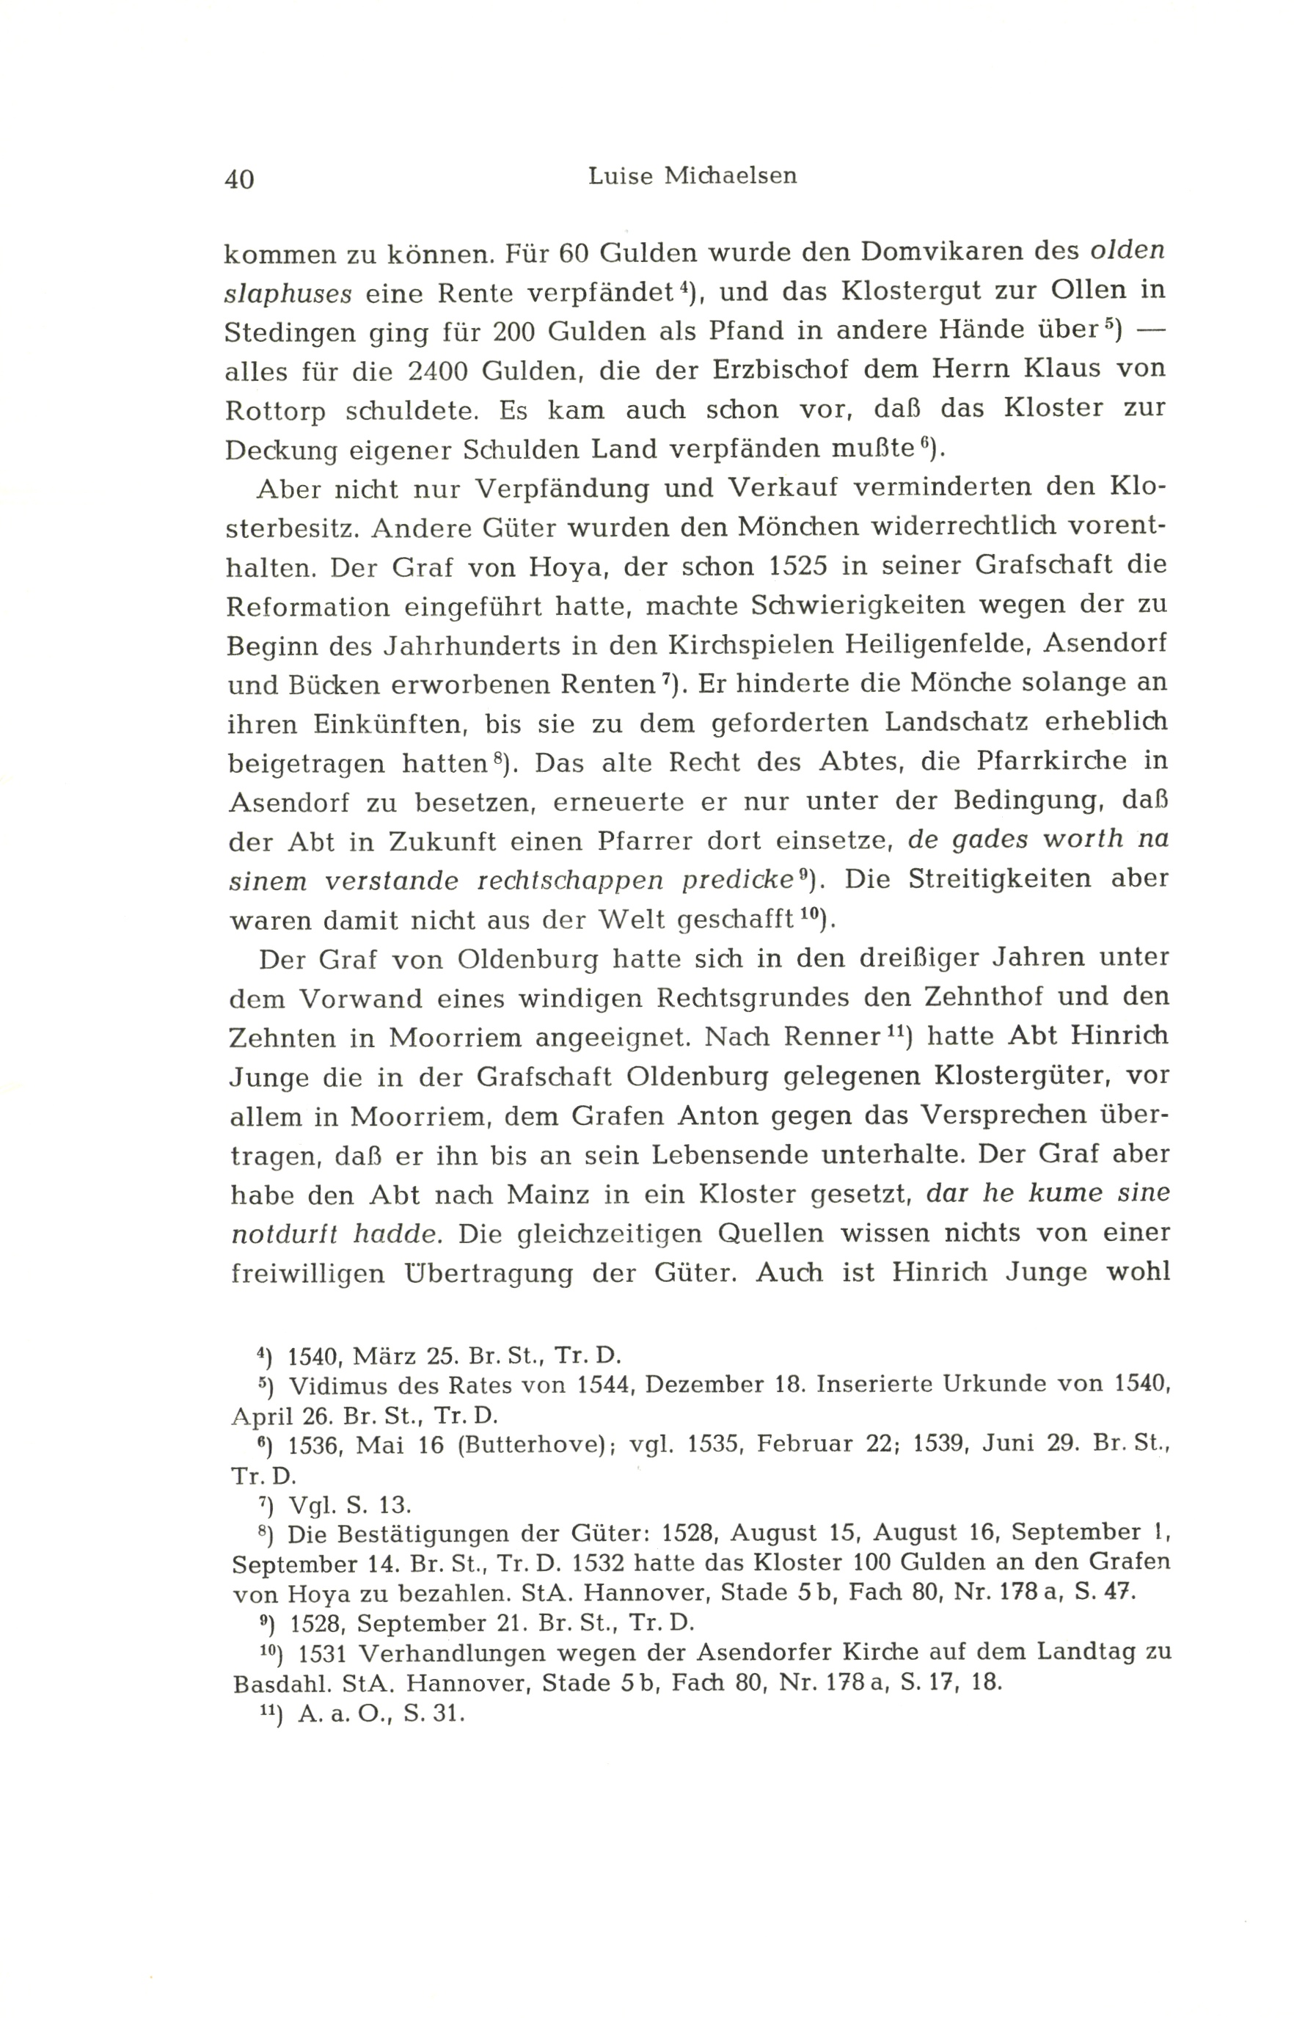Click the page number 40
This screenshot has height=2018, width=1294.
(239, 179)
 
